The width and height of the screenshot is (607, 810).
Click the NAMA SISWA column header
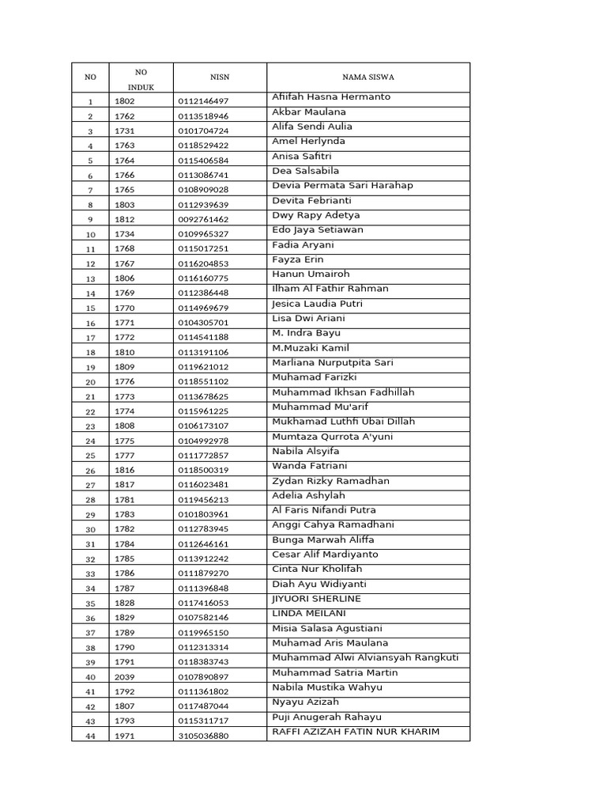[x=368, y=78]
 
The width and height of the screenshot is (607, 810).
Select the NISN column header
[x=219, y=78]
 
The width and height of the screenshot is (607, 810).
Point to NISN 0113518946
[x=203, y=116]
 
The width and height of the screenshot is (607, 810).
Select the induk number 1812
[x=125, y=219]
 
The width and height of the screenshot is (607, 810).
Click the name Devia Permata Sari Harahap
[x=342, y=185]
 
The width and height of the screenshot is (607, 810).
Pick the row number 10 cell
[x=90, y=234]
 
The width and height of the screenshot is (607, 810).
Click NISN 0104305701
[x=203, y=323]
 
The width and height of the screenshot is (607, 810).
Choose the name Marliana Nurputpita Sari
[x=332, y=362]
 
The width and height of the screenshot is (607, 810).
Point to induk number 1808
[x=125, y=426]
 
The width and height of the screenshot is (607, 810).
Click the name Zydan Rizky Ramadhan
[x=330, y=480]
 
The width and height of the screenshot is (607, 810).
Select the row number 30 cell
[x=90, y=529]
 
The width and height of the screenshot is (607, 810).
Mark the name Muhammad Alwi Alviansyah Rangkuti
[x=365, y=657]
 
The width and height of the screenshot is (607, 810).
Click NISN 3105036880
[x=203, y=736]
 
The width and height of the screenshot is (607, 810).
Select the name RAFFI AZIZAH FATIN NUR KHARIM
[x=355, y=731]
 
